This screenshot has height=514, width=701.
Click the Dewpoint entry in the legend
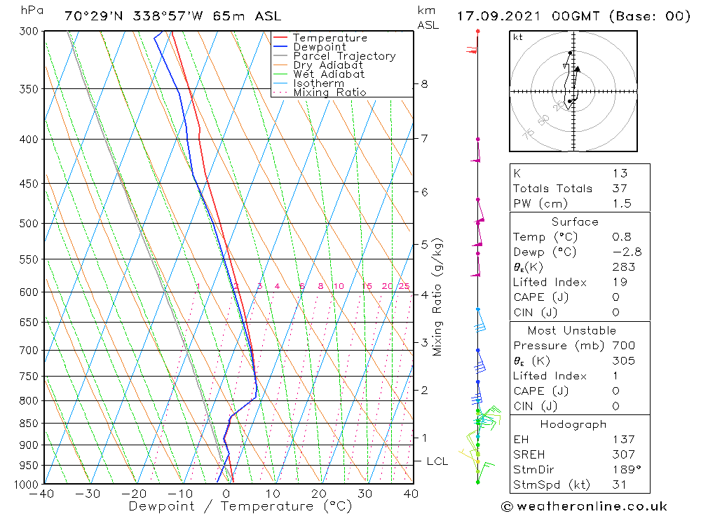pos(319,47)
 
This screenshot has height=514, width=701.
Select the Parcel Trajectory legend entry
pos(343,56)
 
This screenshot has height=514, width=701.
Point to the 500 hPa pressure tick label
pos(29,224)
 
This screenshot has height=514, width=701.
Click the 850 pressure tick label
pos(29,424)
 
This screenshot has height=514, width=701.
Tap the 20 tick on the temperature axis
pos(319,494)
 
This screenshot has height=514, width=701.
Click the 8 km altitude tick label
pos(424,84)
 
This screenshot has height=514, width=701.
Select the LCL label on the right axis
pos(437,461)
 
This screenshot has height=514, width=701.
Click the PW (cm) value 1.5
pos(621,204)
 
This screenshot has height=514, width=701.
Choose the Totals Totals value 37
pos(619,189)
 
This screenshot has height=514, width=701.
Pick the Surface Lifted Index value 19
pos(619,282)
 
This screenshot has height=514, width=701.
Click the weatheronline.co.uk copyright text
pos(584,506)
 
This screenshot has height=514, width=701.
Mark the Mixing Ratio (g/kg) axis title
pos(438,297)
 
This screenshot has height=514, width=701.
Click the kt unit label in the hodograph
pos(517,37)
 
